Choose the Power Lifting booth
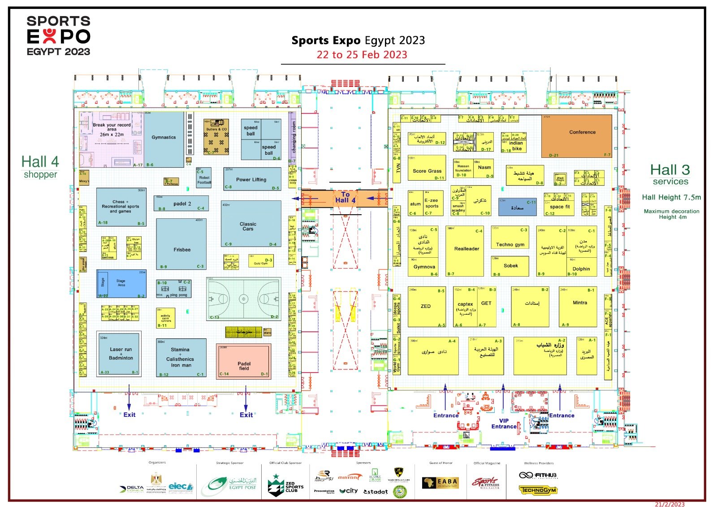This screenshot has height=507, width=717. (252, 179)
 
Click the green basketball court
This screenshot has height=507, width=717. (244, 298)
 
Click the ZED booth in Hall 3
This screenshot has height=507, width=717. (426, 307)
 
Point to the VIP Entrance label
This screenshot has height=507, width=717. (504, 424)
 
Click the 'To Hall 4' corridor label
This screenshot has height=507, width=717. (345, 198)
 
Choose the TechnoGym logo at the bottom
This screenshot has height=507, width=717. (538, 490)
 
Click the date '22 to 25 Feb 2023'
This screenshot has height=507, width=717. (362, 55)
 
